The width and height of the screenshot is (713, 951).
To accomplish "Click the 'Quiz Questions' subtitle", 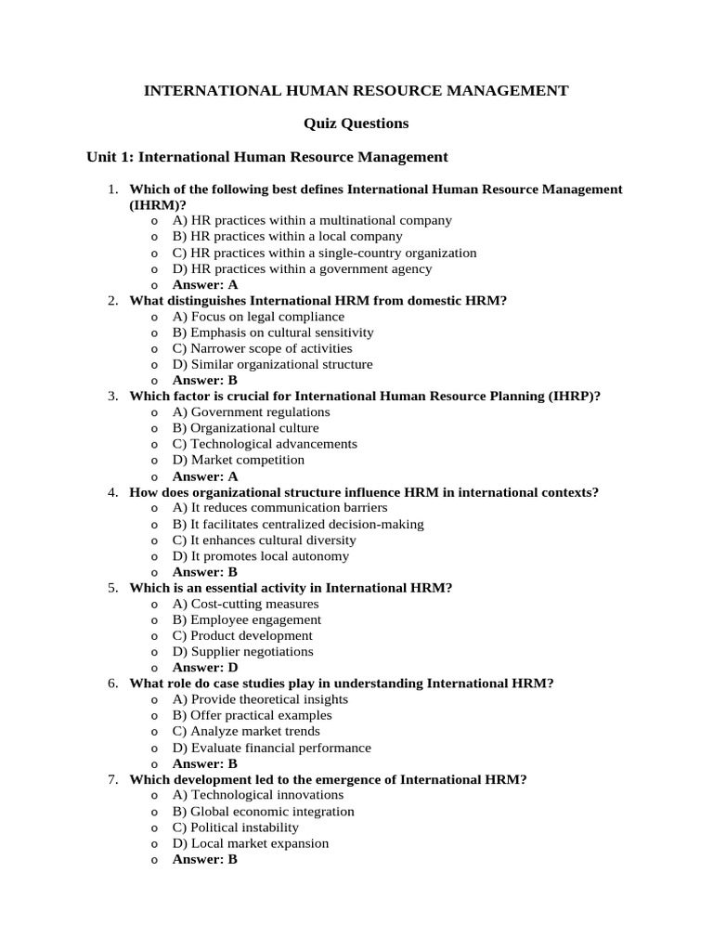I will (x=356, y=124).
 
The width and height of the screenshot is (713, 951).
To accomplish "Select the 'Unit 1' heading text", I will (x=267, y=157).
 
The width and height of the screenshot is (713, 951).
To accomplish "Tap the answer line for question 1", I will (x=205, y=285).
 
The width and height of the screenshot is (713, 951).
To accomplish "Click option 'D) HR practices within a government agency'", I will (x=302, y=269).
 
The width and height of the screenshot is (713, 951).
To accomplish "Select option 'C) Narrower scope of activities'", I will (x=263, y=348).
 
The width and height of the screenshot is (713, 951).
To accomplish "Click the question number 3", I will (x=112, y=396).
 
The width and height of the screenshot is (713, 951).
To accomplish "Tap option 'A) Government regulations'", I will (x=251, y=412).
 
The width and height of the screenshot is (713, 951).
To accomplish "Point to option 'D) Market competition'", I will (x=239, y=460).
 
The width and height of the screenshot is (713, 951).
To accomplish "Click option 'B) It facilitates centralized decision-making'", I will (x=298, y=525).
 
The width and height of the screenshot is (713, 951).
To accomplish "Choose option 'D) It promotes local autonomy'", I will (x=261, y=556).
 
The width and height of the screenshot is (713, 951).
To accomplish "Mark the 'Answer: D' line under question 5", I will (x=205, y=668).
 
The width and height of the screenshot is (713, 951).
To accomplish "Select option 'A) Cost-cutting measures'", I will (x=246, y=604).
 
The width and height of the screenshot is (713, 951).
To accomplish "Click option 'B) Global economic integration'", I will (x=264, y=812).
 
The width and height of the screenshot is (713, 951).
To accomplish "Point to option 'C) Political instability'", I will (x=236, y=827).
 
